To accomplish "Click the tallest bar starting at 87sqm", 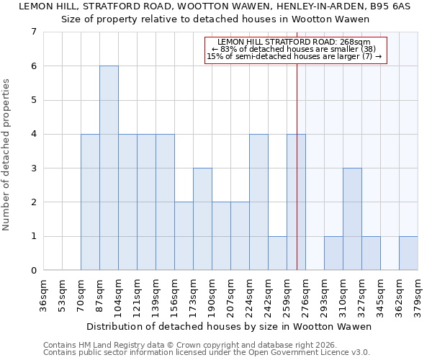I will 109,168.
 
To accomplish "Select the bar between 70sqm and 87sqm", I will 90,202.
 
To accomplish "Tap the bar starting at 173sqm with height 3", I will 202,219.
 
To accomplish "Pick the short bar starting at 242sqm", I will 277,253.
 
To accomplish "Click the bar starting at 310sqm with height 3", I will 352,219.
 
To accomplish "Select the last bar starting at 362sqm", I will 408,253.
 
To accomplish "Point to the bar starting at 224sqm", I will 258,202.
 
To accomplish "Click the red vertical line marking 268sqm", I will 297,180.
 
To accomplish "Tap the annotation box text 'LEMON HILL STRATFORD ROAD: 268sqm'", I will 296,42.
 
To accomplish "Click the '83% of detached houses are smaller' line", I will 296,49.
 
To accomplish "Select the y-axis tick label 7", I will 33,32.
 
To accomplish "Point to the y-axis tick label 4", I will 33,134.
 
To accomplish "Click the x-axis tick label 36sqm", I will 44,295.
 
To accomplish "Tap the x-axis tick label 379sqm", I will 418,295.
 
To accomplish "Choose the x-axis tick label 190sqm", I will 212,295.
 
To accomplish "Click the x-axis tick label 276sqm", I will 306,295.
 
